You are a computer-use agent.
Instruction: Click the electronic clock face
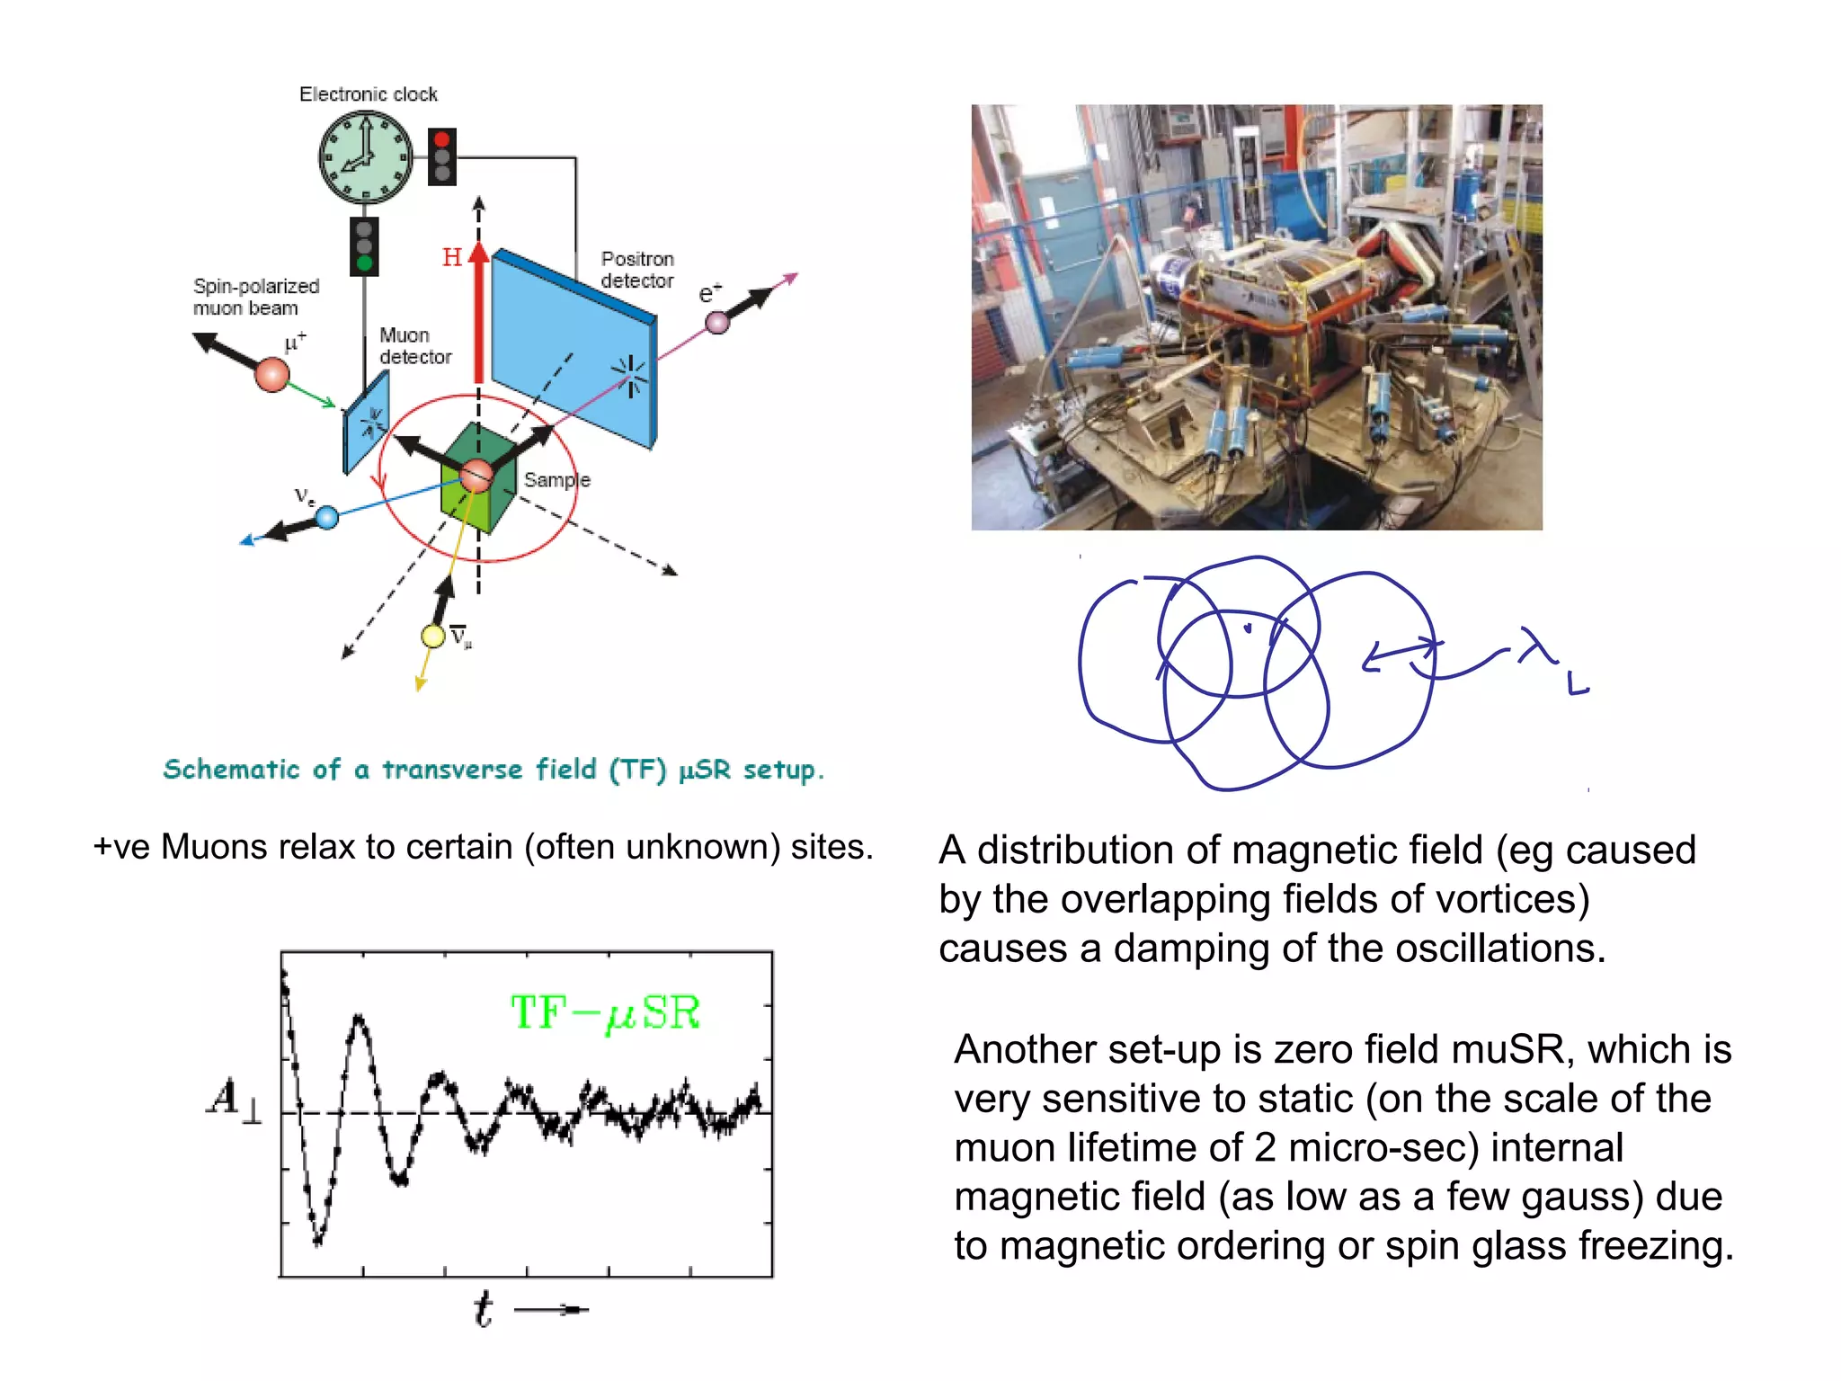tap(366, 157)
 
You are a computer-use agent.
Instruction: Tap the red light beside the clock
tap(441, 140)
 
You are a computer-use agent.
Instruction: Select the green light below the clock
tap(364, 263)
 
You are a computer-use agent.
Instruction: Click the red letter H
tap(452, 258)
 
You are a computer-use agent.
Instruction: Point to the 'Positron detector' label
tap(637, 270)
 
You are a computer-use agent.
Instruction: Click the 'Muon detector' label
tap(414, 346)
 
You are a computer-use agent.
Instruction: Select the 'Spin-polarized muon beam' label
tap(256, 297)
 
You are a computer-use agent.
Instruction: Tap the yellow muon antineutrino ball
tap(433, 637)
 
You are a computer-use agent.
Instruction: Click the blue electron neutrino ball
tap(327, 517)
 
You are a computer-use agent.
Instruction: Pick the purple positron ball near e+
tap(716, 323)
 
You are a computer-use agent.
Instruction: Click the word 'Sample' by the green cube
tap(557, 480)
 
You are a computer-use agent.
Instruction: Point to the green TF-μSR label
tap(605, 1013)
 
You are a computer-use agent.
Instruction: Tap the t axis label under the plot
tap(484, 1309)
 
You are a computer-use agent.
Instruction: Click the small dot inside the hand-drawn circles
tap(1247, 628)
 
